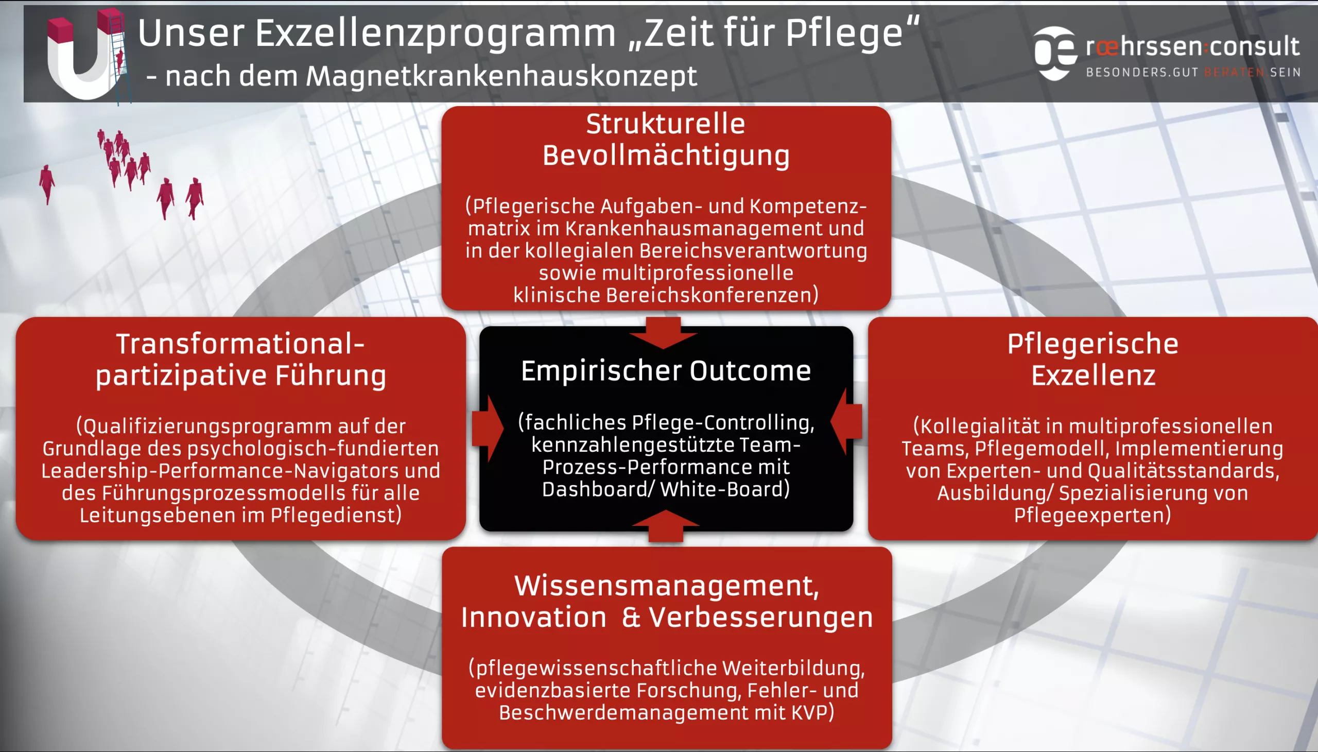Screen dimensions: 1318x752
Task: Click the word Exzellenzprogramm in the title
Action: pyautogui.click(x=436, y=33)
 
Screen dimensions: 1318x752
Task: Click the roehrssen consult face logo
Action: pyautogui.click(x=1055, y=53)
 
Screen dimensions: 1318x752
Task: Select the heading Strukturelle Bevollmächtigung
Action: pyautogui.click(x=666, y=140)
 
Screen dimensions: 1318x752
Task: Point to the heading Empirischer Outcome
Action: pyautogui.click(x=666, y=370)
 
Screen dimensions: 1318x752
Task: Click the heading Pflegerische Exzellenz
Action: pyautogui.click(x=1093, y=360)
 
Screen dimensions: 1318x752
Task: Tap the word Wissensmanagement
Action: pyautogui.click(x=667, y=586)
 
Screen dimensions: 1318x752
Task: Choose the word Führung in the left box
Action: pyautogui.click(x=331, y=375)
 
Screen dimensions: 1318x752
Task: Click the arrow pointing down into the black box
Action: pyautogui.click(x=664, y=333)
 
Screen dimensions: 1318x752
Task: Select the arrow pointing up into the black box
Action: pyautogui.click(x=666, y=526)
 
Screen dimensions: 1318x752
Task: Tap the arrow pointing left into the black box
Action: pyautogui.click(x=846, y=421)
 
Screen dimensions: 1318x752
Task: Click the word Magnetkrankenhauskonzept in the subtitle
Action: pyautogui.click(x=501, y=76)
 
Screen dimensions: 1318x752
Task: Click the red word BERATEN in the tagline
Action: pyautogui.click(x=1235, y=72)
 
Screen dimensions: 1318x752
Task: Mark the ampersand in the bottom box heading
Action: pyautogui.click(x=631, y=617)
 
